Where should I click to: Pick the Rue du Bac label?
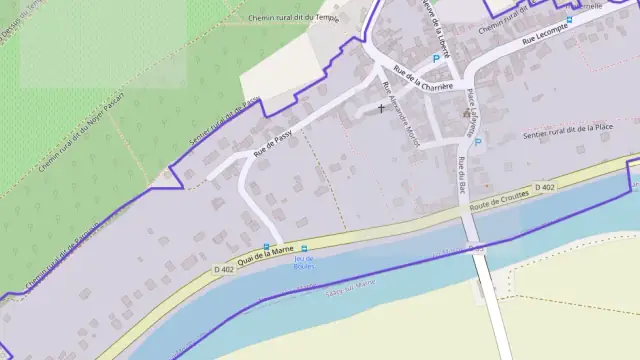(x=462, y=173)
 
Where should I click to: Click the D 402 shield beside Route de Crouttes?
(x=544, y=187)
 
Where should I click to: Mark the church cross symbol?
(x=381, y=107)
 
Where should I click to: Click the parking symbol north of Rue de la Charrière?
(x=435, y=58)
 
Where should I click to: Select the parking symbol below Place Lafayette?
(x=477, y=142)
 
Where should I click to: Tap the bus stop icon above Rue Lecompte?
(x=569, y=19)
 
